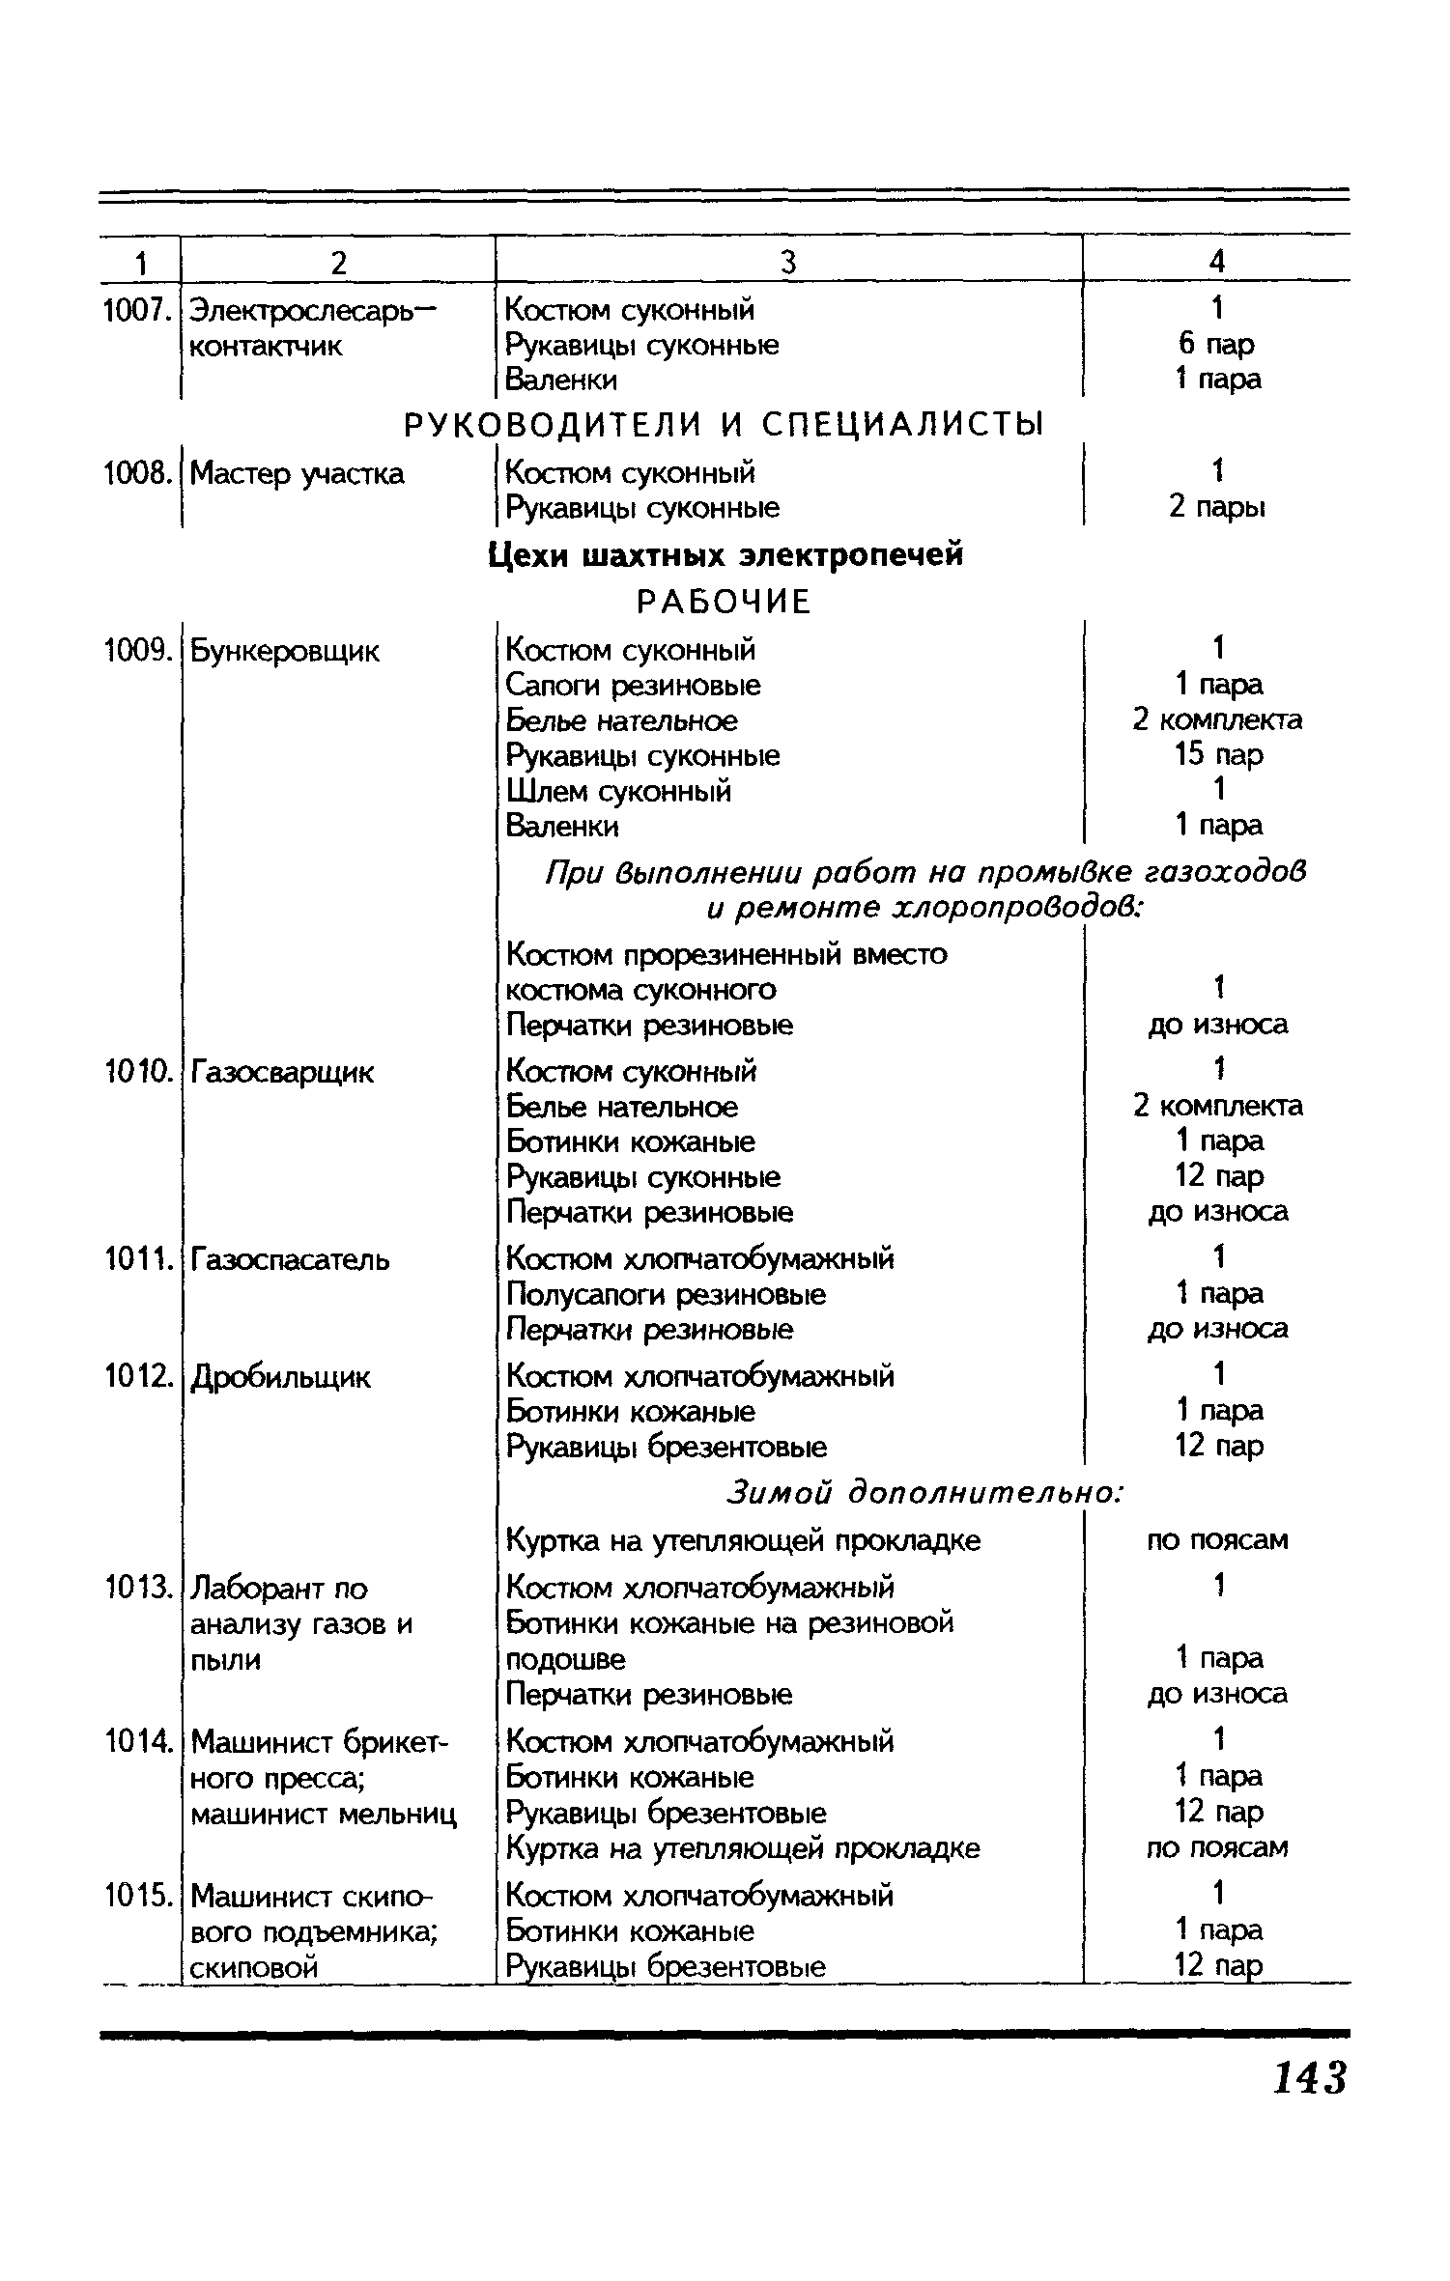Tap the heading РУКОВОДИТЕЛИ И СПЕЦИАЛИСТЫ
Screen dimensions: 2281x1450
pyautogui.click(x=724, y=425)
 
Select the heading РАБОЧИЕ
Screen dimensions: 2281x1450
pyautogui.click(x=725, y=603)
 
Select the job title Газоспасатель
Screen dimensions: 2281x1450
pyautogui.click(x=290, y=1259)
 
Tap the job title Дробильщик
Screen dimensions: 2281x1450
pyautogui.click(x=280, y=1377)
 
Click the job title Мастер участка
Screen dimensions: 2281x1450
pyautogui.click(x=297, y=473)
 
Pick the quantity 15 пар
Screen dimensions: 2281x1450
pyautogui.click(x=1218, y=755)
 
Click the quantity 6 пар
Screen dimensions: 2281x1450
pyautogui.click(x=1216, y=344)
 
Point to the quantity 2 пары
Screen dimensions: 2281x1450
pyautogui.click(x=1217, y=507)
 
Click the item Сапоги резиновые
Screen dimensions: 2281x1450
pyautogui.click(x=633, y=686)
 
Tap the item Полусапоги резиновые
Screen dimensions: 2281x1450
pyautogui.click(x=666, y=1294)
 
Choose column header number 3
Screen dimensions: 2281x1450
pyautogui.click(x=788, y=262)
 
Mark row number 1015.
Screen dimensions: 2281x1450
pyautogui.click(x=138, y=1896)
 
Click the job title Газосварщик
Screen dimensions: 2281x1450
pyautogui.click(x=282, y=1072)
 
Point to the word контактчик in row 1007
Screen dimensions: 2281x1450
pyautogui.click(x=266, y=346)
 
